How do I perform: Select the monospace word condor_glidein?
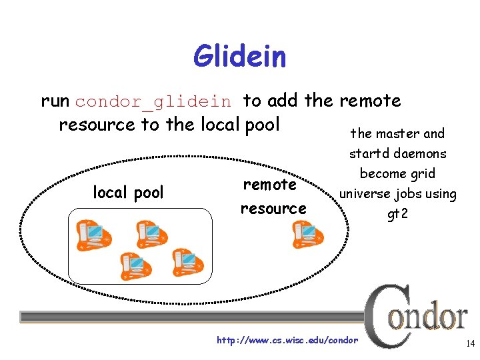[x=153, y=102]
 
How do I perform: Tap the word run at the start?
[x=55, y=101]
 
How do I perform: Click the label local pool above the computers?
[x=128, y=193]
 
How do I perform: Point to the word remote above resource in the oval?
[x=269, y=184]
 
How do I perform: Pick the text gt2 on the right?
[x=398, y=215]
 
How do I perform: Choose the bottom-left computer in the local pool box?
[x=135, y=265]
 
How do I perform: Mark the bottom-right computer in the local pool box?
[x=187, y=261]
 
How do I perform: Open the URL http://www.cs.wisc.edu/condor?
[x=287, y=341]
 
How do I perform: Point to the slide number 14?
[x=470, y=344]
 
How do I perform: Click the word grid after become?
[x=423, y=174]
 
